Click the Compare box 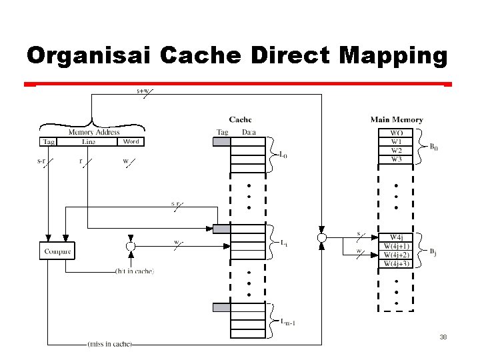coord(57,251)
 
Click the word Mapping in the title coord(393,55)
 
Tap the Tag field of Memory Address coord(49,141)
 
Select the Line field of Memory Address coord(88,141)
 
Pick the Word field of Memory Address coord(131,141)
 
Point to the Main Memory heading coord(397,120)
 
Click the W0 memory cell coord(396,133)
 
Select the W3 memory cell coord(396,159)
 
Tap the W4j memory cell coord(396,237)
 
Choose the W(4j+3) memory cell coord(396,264)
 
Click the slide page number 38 coord(443,337)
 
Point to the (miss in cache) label coord(109,344)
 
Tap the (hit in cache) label coord(135,271)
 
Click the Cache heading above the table coord(240,120)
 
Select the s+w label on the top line coord(143,91)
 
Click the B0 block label coord(433,147)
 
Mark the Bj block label coord(433,251)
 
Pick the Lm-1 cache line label coord(287,324)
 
